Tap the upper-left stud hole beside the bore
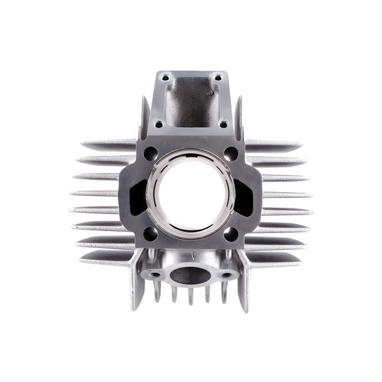(150, 153)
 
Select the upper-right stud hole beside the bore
(231, 153)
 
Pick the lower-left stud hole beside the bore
(150, 234)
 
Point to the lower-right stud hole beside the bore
(230, 234)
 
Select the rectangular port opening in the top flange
(191, 100)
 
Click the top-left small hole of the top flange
(165, 78)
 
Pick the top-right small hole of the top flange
(218, 78)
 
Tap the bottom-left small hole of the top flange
(159, 124)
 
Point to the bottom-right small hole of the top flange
(224, 124)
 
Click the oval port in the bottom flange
(190, 274)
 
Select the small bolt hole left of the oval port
(154, 274)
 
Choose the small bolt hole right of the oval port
(226, 274)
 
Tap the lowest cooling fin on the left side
(106, 258)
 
